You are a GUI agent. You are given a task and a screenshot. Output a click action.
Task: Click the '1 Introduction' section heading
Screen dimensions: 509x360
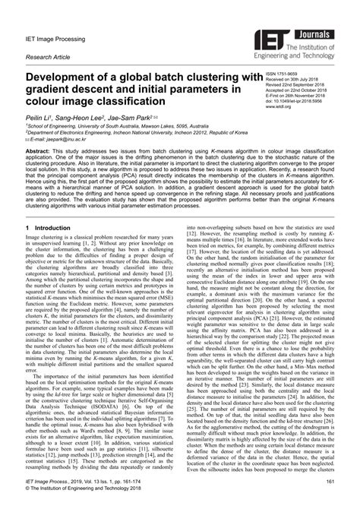coord(53,228)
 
